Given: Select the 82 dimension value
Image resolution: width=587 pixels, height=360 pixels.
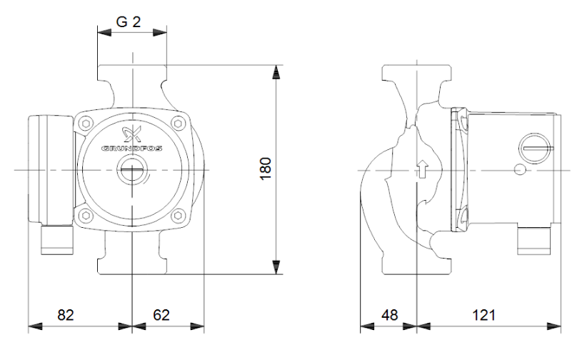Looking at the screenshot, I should pyautogui.click(x=65, y=314).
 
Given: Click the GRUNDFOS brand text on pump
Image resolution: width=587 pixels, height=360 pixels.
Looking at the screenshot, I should pyautogui.click(x=134, y=151).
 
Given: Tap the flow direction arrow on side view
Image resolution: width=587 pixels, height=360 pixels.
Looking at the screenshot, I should pyautogui.click(x=422, y=169).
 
